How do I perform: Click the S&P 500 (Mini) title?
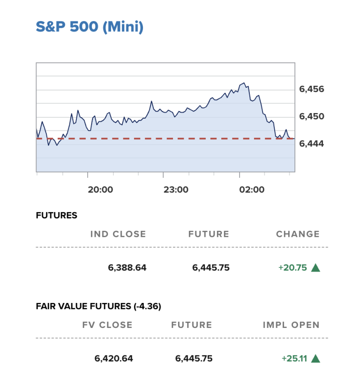tap(90, 27)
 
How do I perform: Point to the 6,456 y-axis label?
tap(311, 89)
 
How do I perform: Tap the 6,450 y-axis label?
tap(311, 116)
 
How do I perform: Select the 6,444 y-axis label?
tap(311, 143)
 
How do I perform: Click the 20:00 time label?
tap(100, 190)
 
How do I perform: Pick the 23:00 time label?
tap(176, 190)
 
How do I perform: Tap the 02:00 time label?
tap(252, 190)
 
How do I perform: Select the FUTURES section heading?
tap(56, 216)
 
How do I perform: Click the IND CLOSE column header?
tap(118, 234)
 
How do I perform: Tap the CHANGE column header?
tap(298, 234)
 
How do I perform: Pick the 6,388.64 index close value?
tap(127, 268)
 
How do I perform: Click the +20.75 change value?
tap(292, 268)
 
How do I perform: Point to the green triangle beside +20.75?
tap(315, 268)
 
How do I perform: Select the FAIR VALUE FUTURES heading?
tap(98, 306)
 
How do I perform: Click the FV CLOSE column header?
tap(107, 325)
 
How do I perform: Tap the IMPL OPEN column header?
tap(291, 325)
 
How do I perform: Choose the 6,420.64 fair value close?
tap(113, 358)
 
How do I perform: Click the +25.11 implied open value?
tap(294, 358)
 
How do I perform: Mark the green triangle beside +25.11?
tap(315, 358)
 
